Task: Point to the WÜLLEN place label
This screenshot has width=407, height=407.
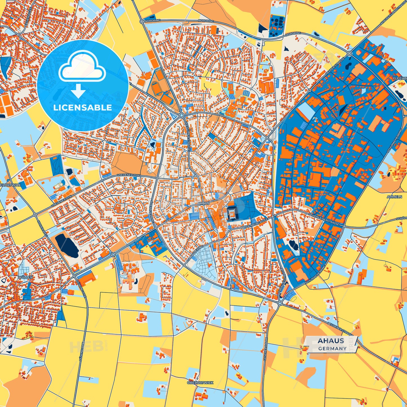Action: click(x=25, y=277)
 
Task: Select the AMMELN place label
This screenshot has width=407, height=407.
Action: click(x=394, y=197)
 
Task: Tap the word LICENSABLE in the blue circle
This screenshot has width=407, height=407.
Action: click(x=83, y=108)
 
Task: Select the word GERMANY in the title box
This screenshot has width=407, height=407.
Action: click(x=332, y=348)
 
